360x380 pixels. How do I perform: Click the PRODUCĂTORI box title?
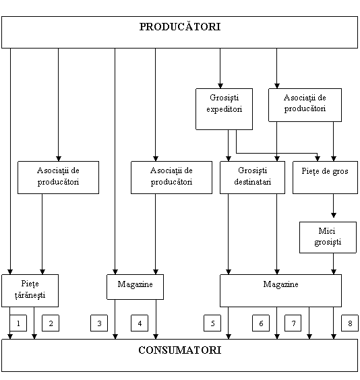pos(180,27)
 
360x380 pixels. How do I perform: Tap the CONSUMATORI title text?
pos(180,350)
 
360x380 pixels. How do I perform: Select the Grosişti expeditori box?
pos(224,109)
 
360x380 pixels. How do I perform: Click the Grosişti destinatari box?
pos(252,177)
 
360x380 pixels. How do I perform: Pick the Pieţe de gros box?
pos(325,177)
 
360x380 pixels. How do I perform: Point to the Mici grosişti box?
pos(328,237)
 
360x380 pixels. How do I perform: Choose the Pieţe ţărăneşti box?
pos(30,290)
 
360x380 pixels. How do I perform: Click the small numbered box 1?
pos(18,323)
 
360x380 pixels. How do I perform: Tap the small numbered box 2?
pos(51,323)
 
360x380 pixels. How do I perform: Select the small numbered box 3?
pos(99,323)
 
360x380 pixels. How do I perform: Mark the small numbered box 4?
pos(140,323)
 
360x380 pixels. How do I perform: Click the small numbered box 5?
pos(212,323)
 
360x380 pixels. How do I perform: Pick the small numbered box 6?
pos(261,323)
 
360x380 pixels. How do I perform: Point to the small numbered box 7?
pos(293,323)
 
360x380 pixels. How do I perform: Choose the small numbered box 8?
pos(350,323)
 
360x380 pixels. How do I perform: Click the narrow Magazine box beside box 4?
pos(135,287)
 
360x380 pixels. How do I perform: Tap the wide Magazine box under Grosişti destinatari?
pos(280,290)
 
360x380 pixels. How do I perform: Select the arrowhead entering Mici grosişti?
pos(333,215)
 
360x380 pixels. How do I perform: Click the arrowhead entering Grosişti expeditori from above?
pos(220,86)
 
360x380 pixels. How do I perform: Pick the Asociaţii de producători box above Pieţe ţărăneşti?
pos(58,177)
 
